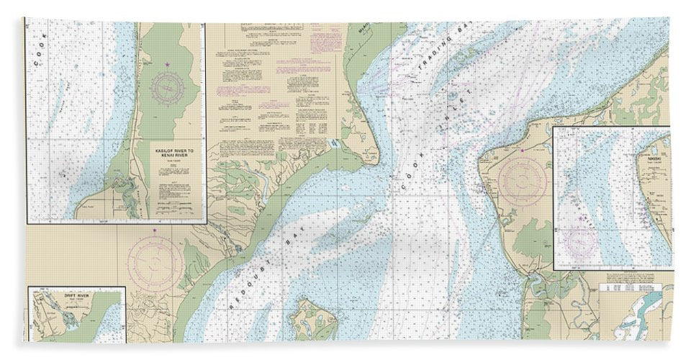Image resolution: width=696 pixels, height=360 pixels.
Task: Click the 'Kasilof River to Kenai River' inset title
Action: point(170,152)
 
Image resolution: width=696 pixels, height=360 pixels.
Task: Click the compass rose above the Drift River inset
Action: point(156,257)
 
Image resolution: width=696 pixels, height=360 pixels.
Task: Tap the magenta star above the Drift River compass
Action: point(156,232)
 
